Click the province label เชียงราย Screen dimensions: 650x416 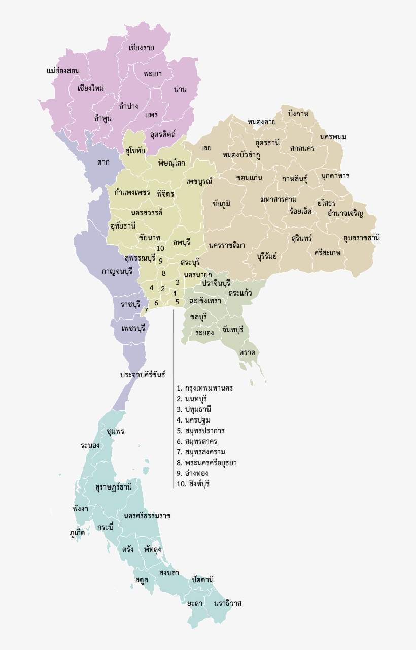[142, 48]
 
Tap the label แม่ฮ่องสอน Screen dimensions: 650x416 [63, 71]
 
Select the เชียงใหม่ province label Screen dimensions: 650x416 [91, 88]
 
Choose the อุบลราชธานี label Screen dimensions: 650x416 [361, 237]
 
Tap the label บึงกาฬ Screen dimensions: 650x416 [298, 113]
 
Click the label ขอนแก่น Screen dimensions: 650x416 [249, 178]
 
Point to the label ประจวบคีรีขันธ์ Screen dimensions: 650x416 [143, 375]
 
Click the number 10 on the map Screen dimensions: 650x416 [160, 248]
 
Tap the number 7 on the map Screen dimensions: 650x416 [146, 310]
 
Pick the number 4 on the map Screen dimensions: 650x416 [151, 288]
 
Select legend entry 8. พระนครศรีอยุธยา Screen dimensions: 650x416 [206, 463]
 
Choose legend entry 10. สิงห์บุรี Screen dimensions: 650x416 [193, 484]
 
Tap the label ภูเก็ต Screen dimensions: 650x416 [77, 533]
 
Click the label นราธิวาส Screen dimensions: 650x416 [228, 603]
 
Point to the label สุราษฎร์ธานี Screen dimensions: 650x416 [114, 487]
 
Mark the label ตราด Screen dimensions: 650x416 [248, 352]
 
